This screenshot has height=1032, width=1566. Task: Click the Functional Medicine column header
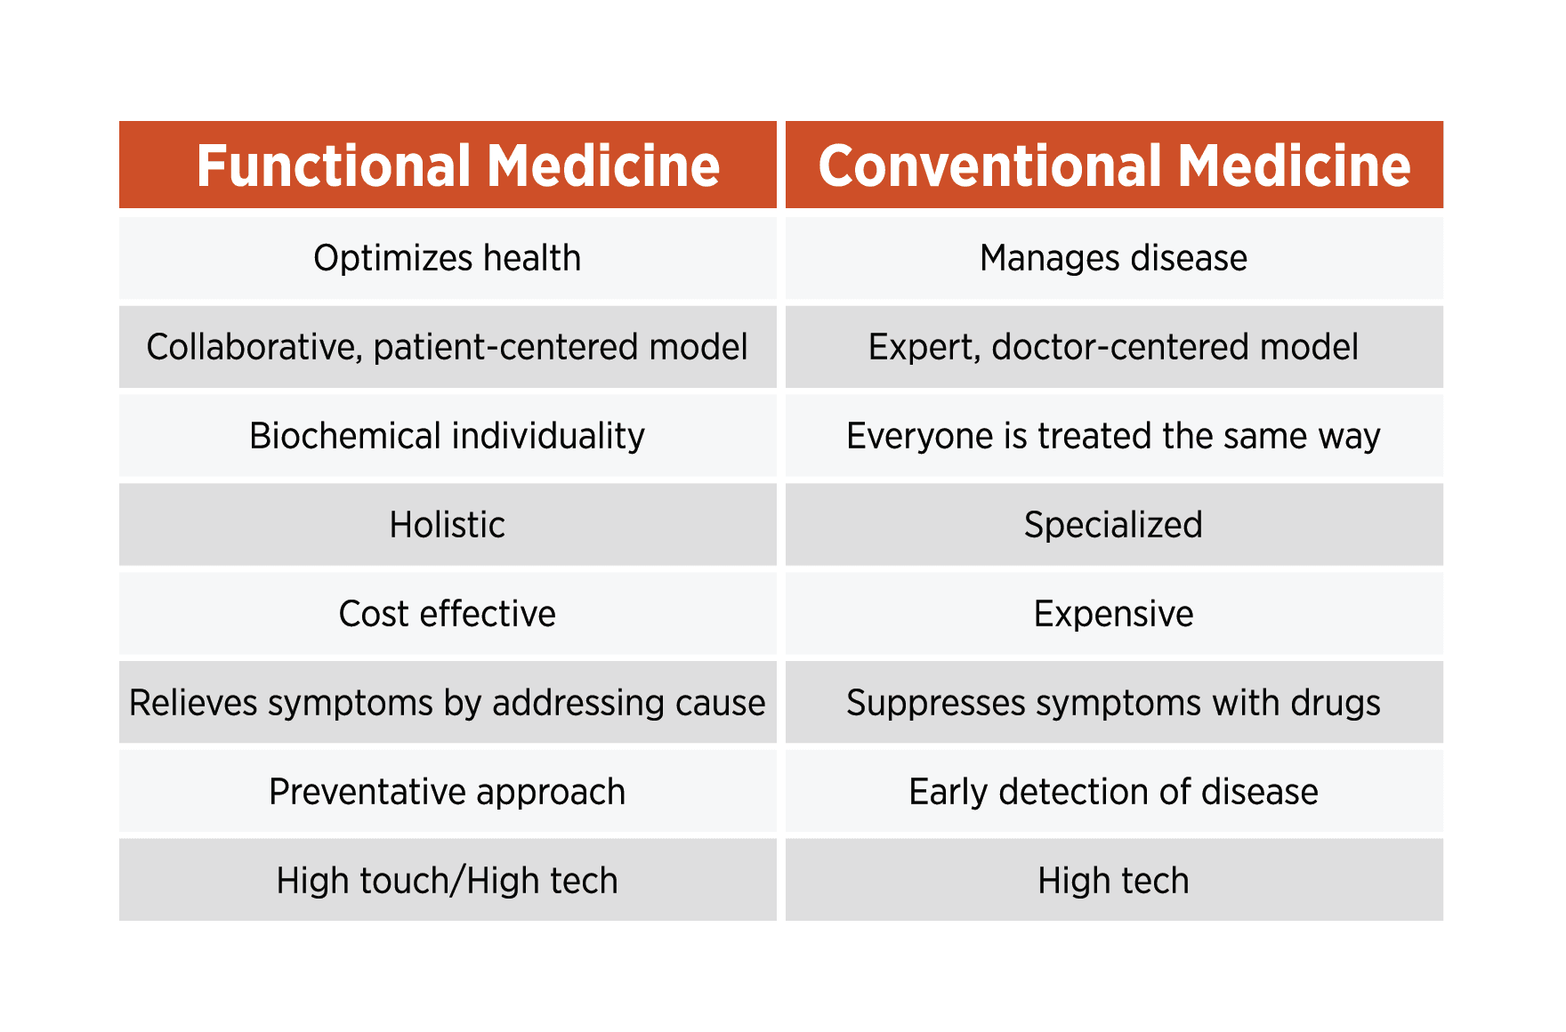tap(448, 165)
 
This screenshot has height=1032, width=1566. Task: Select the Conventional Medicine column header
tap(1114, 165)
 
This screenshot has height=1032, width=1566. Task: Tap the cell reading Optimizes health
tap(448, 258)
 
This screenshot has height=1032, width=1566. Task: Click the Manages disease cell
tap(1114, 258)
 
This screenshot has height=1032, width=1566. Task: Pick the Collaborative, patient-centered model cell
tap(448, 347)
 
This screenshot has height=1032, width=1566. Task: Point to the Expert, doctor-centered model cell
tap(1114, 347)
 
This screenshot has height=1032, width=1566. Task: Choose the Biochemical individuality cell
tap(448, 436)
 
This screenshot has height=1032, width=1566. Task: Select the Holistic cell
tap(448, 525)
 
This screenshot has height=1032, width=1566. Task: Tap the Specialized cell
tap(1114, 525)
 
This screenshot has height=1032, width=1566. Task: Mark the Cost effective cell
tap(448, 614)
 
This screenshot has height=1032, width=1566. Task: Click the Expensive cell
tap(1114, 614)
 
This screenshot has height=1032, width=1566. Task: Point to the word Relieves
tap(193, 703)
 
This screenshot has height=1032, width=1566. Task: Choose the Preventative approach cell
tap(448, 792)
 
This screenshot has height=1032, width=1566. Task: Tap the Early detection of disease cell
tap(1114, 792)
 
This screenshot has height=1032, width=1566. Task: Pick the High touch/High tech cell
tap(448, 881)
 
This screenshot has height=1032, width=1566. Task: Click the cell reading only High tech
tap(1114, 881)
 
